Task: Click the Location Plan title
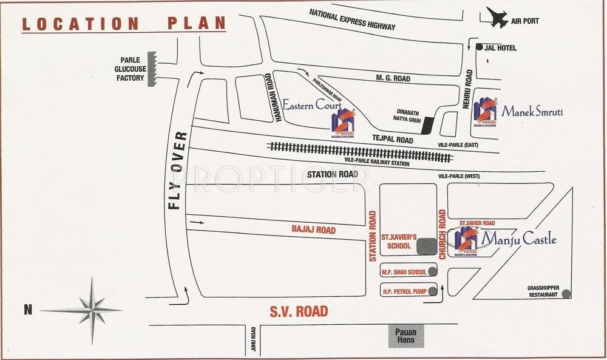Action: click(124, 24)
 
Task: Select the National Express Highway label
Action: click(352, 20)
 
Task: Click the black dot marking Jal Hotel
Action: click(480, 47)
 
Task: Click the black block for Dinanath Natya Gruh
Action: click(428, 124)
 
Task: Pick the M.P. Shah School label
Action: click(403, 271)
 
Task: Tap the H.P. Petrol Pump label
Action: click(403, 290)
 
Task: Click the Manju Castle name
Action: click(518, 239)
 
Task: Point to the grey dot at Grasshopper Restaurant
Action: click(566, 293)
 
